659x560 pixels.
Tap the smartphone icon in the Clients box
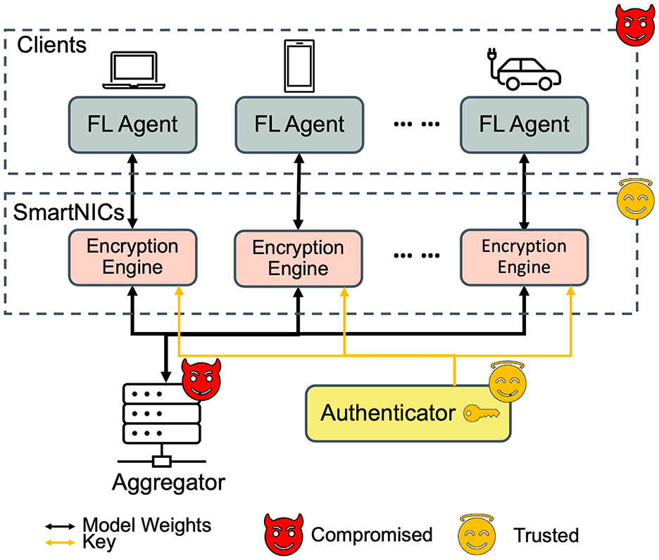point(299,65)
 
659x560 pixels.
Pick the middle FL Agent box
point(299,125)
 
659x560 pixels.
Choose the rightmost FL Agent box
point(524,125)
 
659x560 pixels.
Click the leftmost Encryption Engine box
point(132,257)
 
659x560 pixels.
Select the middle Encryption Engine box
point(299,258)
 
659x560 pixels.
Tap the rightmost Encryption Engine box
point(524,257)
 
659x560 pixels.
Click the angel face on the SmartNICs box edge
point(633,199)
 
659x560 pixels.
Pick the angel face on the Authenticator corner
point(508,380)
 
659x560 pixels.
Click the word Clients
point(51,46)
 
